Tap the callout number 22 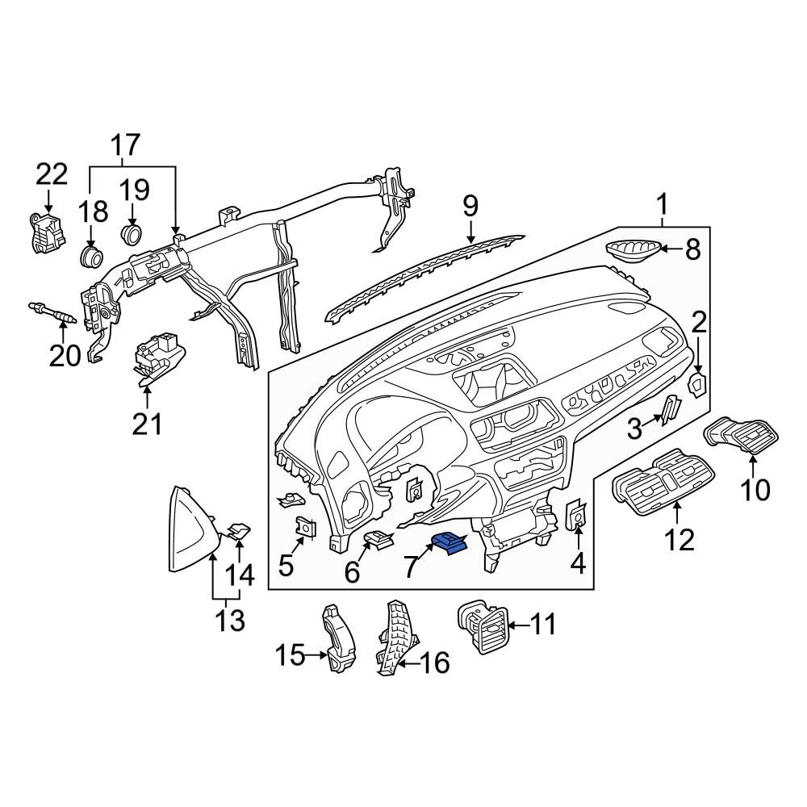coord(52,174)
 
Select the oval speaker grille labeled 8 coord(633,251)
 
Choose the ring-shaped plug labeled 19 coord(132,234)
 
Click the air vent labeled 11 coord(483,626)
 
